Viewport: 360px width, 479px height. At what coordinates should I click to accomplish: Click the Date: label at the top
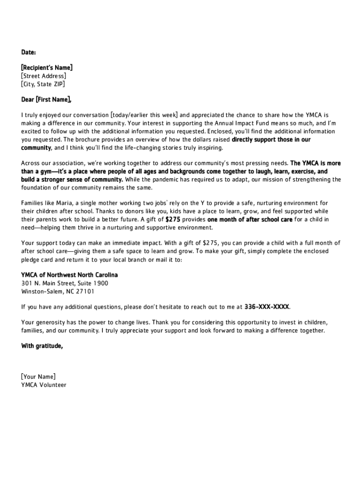click(x=29, y=51)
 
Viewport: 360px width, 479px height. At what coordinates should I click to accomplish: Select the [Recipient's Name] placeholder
click(x=47, y=68)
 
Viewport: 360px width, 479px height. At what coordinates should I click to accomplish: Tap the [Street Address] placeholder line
click(x=43, y=76)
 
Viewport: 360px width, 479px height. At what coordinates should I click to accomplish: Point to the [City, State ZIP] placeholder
click(x=43, y=84)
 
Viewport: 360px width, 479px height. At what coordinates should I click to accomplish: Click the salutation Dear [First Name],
click(x=46, y=100)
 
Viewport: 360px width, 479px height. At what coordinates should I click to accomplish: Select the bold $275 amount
click(x=173, y=219)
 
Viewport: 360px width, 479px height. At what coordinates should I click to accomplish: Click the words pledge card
click(x=38, y=260)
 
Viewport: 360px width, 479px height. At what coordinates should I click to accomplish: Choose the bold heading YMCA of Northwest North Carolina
click(x=70, y=275)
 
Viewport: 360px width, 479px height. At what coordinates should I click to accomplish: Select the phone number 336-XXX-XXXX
click(x=267, y=307)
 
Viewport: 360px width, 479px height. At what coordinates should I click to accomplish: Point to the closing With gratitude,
click(x=42, y=347)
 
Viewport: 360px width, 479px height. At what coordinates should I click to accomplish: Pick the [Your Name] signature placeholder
click(x=38, y=377)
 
